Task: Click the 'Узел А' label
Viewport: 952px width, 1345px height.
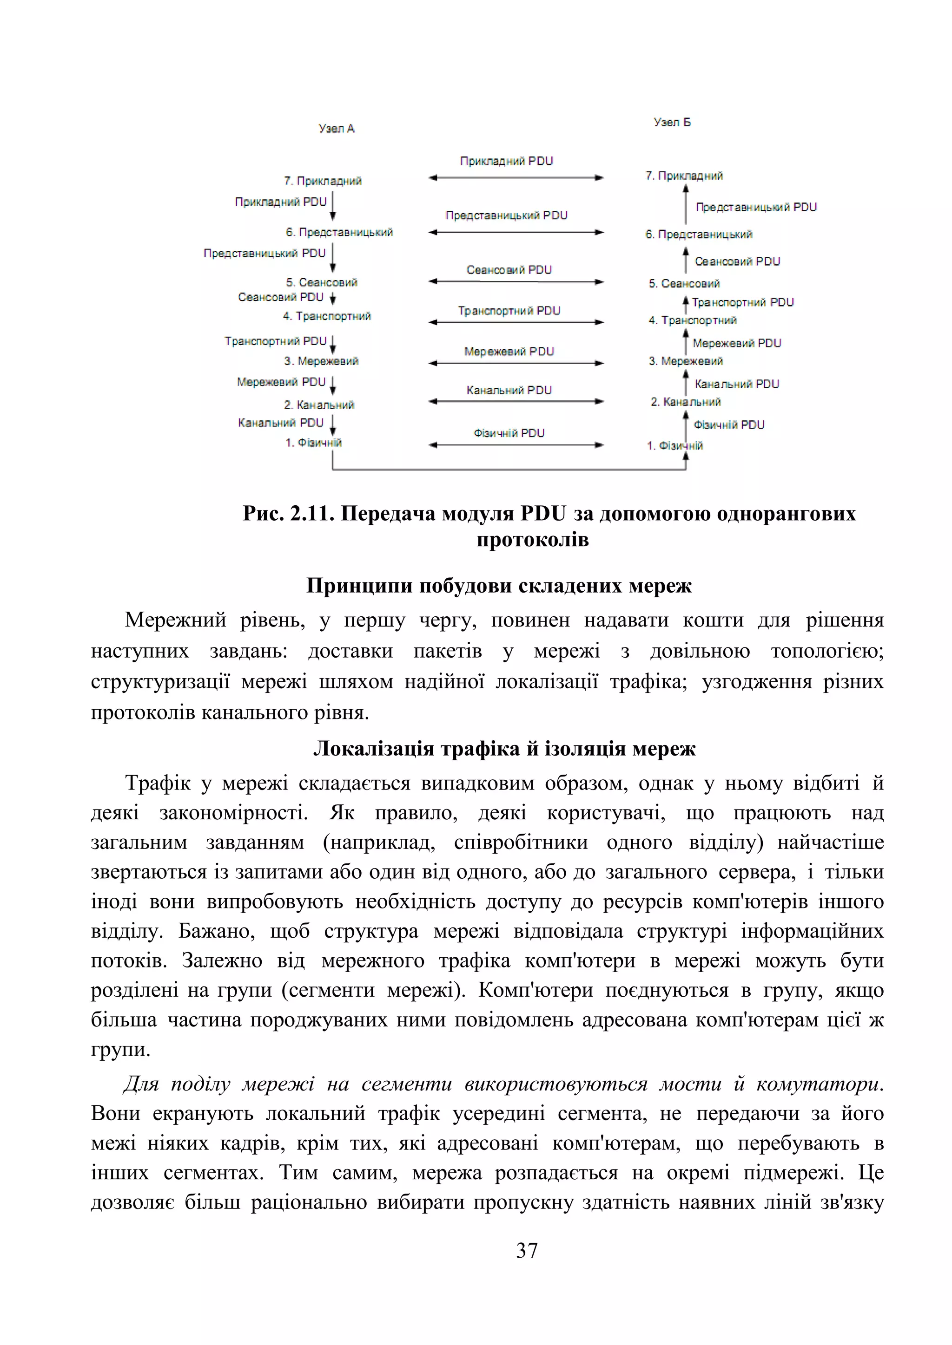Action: [337, 128]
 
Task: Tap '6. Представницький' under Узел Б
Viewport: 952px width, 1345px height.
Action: [698, 235]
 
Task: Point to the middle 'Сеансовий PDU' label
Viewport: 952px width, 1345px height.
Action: [509, 269]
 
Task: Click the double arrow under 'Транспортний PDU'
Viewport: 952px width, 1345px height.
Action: [516, 322]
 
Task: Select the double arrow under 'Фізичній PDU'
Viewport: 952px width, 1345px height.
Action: [516, 444]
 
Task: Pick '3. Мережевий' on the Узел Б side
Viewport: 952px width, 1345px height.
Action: [685, 361]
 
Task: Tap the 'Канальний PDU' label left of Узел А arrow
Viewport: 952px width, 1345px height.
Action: [280, 422]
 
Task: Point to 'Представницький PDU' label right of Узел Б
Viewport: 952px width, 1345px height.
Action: [756, 207]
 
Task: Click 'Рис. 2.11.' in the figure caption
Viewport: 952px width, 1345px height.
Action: [288, 514]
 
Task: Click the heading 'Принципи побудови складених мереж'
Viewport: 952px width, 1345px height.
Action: [499, 585]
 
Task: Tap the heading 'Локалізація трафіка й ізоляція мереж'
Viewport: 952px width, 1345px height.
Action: [504, 749]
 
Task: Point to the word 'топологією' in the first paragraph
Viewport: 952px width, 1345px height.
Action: [826, 651]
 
